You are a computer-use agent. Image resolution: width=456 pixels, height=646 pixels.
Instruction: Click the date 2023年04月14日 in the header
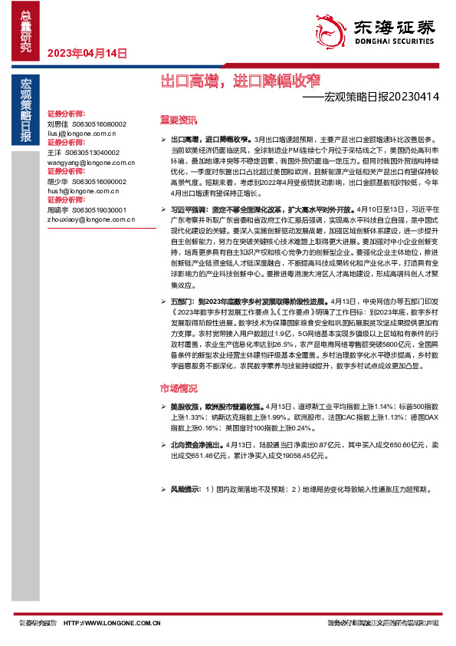pos(87,53)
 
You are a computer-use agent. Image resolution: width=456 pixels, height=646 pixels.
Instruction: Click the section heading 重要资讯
pos(179,120)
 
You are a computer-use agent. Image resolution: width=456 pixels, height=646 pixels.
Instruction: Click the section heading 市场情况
pos(179,388)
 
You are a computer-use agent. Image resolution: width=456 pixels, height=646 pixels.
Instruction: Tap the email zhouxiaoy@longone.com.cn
pos(86,219)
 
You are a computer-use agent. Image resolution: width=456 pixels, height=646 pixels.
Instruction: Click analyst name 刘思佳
pos(57,124)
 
